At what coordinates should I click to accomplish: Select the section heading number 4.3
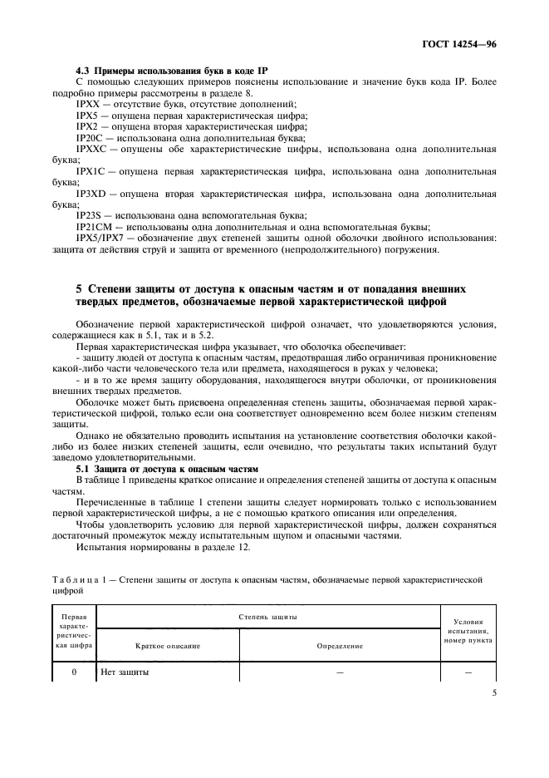(x=83, y=71)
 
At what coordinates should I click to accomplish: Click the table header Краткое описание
(x=169, y=645)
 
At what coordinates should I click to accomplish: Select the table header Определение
(x=340, y=645)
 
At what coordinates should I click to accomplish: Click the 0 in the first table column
(x=74, y=672)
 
